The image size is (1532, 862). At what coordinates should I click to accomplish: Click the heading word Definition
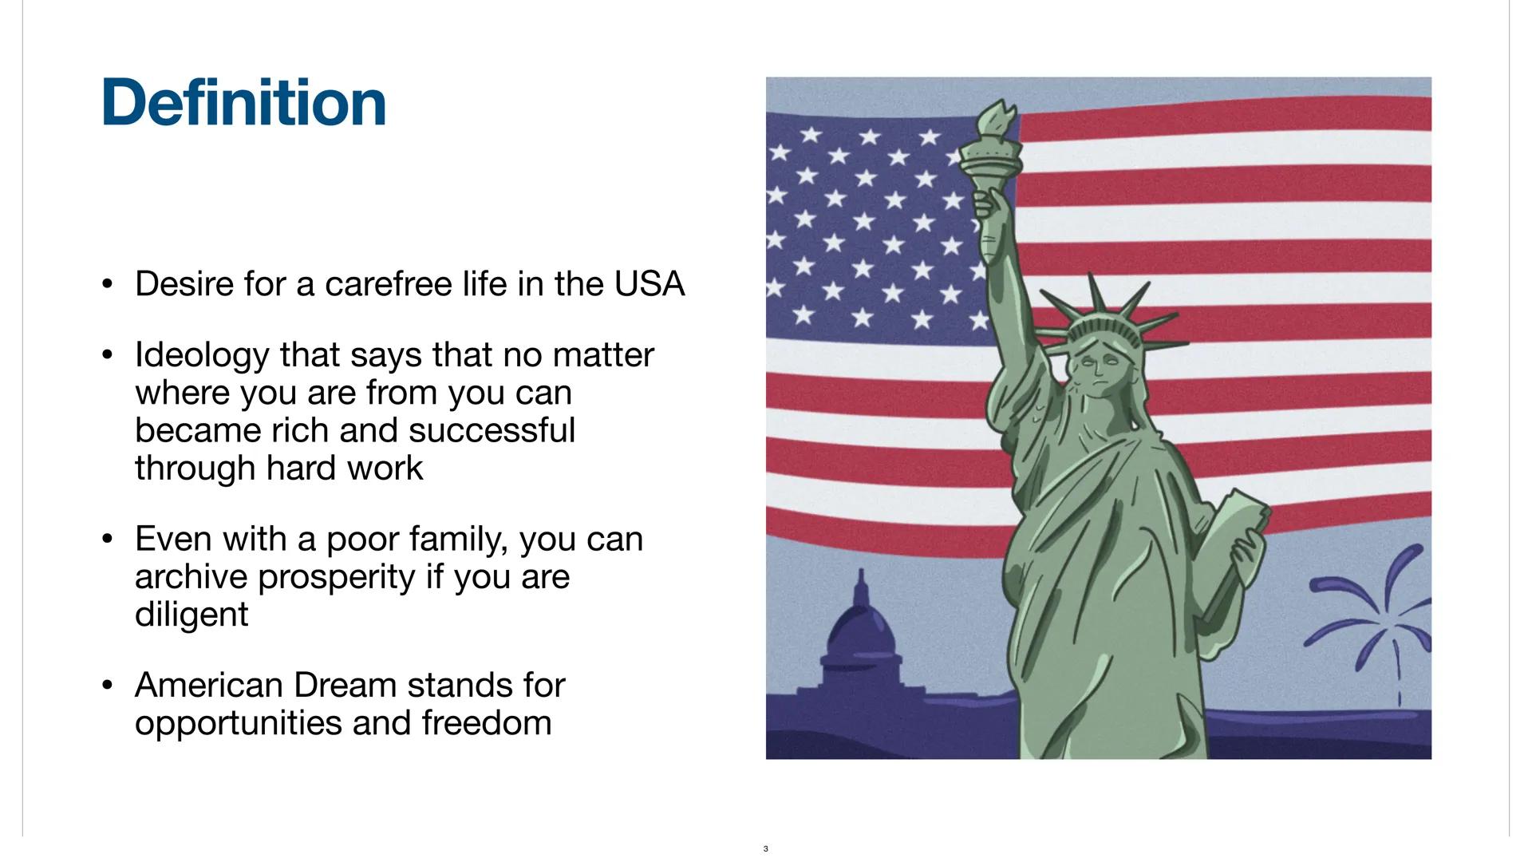pos(243,103)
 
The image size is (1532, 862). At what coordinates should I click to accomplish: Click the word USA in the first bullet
pos(649,284)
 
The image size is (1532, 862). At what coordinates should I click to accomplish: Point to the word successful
pos(492,430)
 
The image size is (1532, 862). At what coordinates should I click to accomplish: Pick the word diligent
pos(191,614)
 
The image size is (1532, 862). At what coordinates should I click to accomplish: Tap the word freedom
pos(487,722)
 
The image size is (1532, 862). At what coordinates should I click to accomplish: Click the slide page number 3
pos(765,848)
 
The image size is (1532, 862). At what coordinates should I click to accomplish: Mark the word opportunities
pos(238,722)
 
